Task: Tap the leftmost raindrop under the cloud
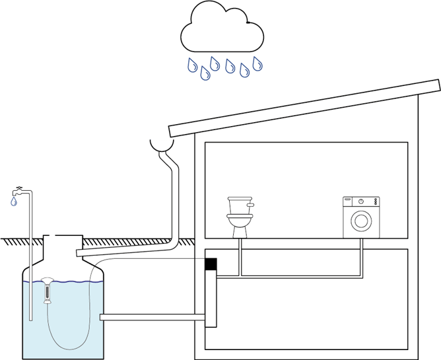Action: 191,65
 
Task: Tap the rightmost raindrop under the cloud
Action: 257,63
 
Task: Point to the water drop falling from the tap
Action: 14,203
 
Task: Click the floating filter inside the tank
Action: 48,289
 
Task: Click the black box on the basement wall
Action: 211,264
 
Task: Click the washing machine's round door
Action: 360,221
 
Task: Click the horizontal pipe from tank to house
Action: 152,318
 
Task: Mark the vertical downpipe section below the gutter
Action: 175,198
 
